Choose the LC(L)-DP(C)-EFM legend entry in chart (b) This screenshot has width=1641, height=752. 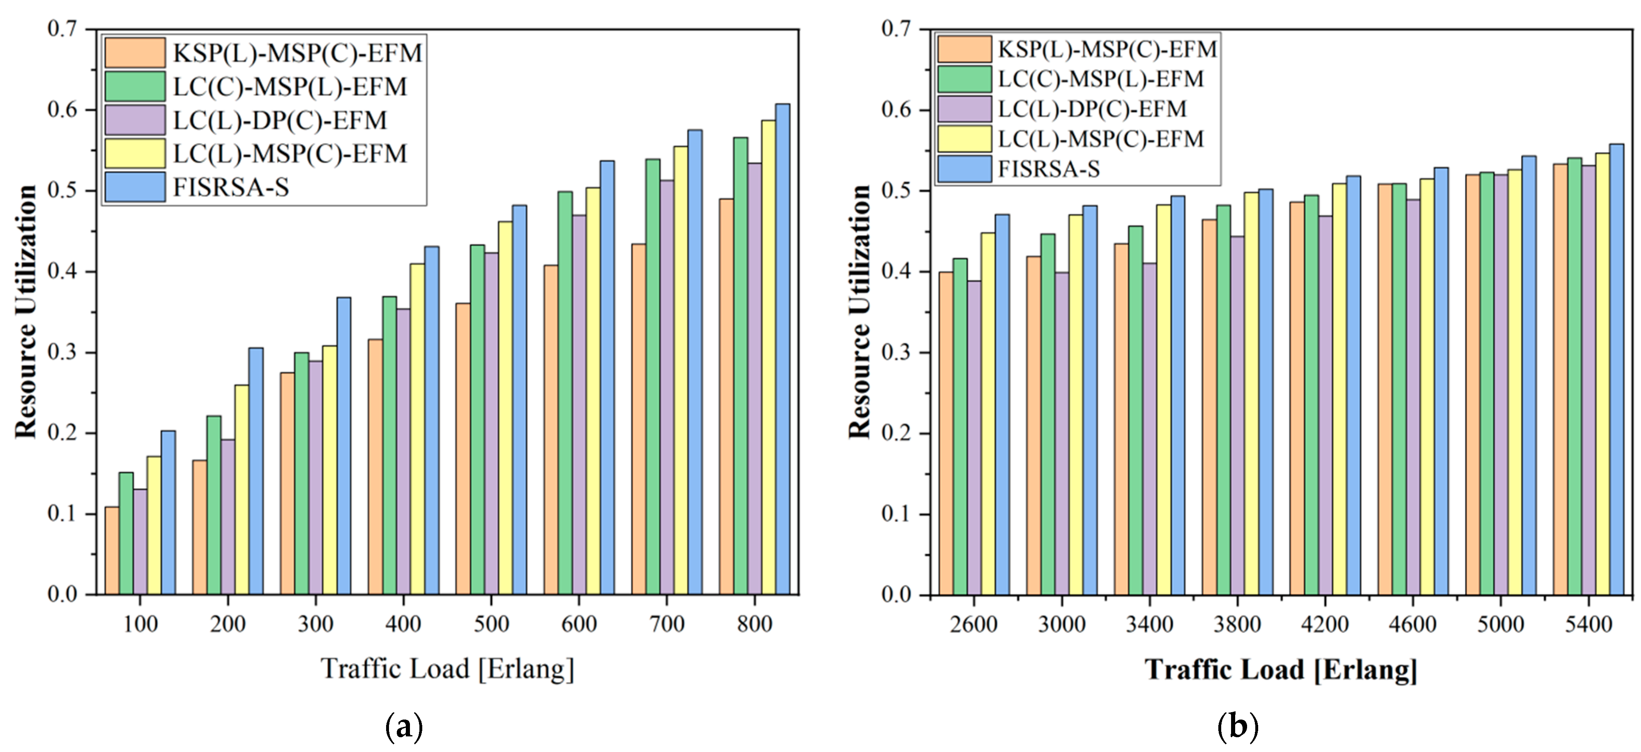click(x=1092, y=109)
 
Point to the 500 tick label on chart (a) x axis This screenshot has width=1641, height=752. click(x=491, y=623)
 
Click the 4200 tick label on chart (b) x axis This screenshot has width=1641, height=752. click(x=1325, y=623)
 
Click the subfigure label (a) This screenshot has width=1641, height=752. click(x=404, y=727)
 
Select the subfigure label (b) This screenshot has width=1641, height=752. click(x=1238, y=727)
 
